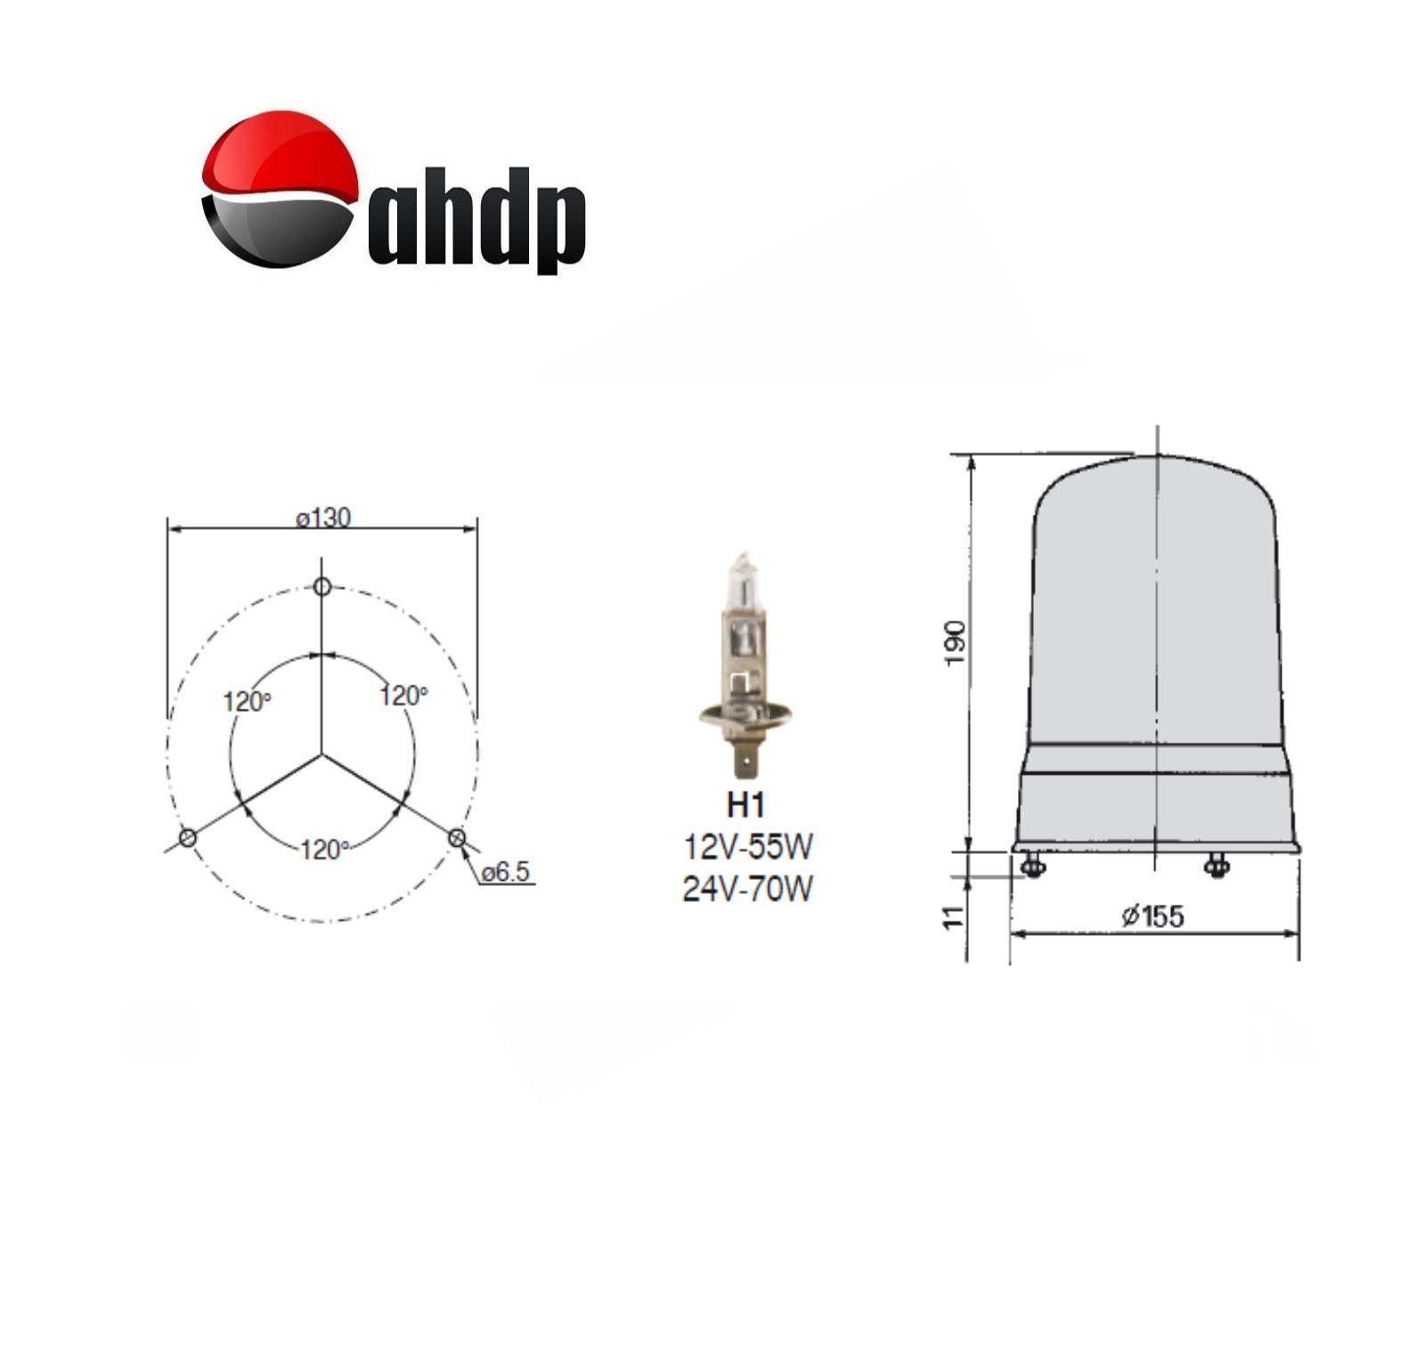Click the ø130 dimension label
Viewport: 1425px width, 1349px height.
coord(323,517)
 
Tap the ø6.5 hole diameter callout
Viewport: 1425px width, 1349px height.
coord(507,872)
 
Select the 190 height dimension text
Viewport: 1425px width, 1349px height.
coord(955,643)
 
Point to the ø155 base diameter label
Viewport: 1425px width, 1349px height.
coord(1152,915)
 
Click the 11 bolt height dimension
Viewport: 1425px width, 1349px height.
coord(954,917)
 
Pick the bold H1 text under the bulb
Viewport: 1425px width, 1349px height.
coord(746,805)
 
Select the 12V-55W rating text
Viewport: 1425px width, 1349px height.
coord(747,847)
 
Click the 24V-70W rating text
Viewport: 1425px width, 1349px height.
coord(747,889)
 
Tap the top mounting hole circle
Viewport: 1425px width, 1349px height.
coord(322,587)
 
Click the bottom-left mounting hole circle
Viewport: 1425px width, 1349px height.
coord(188,838)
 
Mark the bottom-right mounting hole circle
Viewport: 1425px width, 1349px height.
coord(457,837)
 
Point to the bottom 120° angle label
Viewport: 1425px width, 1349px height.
coord(323,849)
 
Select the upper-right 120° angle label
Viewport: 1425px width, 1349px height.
coord(403,695)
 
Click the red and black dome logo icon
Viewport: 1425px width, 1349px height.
coord(279,189)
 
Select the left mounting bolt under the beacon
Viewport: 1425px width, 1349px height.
coord(1032,865)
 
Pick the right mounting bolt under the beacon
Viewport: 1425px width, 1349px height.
coord(1216,865)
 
